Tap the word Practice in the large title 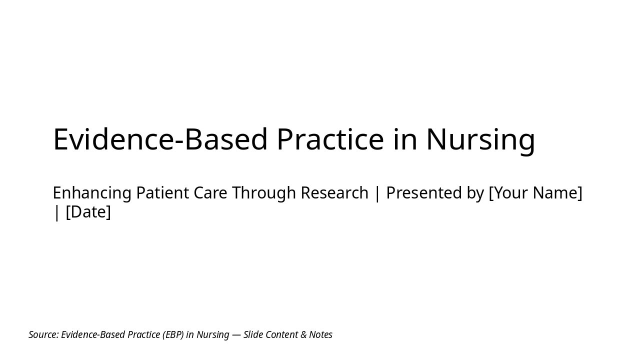click(330, 139)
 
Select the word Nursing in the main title click(480, 139)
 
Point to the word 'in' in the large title click(405, 139)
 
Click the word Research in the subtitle click(334, 193)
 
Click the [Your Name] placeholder click(535, 193)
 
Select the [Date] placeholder click(88, 212)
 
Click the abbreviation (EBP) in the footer click(173, 334)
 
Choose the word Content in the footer click(282, 334)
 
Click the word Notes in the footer click(320, 334)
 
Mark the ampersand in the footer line click(304, 334)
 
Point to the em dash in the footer click(236, 334)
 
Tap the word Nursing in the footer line click(213, 334)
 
